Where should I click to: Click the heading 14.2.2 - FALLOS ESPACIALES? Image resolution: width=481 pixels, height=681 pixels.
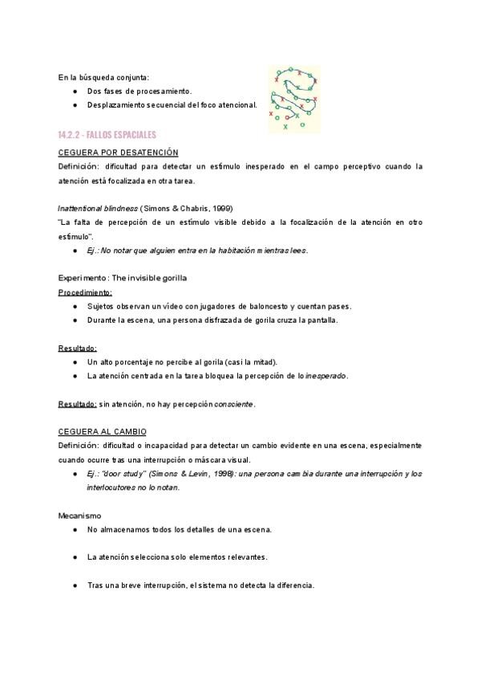(107, 134)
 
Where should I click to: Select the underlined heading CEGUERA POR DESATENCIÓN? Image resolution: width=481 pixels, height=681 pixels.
(118, 152)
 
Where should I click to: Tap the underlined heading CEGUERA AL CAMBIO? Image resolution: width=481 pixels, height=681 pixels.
(102, 431)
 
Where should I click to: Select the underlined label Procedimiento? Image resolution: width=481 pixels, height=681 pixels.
(85, 292)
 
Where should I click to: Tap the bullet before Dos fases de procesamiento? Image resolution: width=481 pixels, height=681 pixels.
(74, 92)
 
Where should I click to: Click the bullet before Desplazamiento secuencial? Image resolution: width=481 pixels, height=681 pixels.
(74, 105)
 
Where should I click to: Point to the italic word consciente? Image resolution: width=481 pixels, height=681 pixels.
(234, 404)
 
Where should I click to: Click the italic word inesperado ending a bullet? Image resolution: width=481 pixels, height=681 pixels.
(325, 376)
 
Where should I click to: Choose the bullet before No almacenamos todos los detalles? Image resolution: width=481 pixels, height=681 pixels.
(74, 530)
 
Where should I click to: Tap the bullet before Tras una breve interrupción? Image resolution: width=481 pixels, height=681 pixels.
(74, 585)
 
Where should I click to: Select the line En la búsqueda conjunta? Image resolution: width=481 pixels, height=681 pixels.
(103, 77)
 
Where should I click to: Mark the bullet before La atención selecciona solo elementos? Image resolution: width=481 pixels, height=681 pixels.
(74, 557)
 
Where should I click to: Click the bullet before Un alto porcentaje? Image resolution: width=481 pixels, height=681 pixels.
(74, 362)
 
